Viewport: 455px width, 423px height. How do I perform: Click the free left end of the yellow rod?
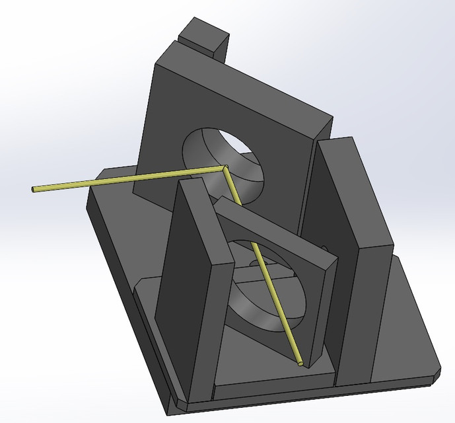(x=34, y=190)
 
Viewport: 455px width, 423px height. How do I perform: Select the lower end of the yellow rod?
(x=300, y=363)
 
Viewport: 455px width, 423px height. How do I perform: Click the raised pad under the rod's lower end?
(x=277, y=380)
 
